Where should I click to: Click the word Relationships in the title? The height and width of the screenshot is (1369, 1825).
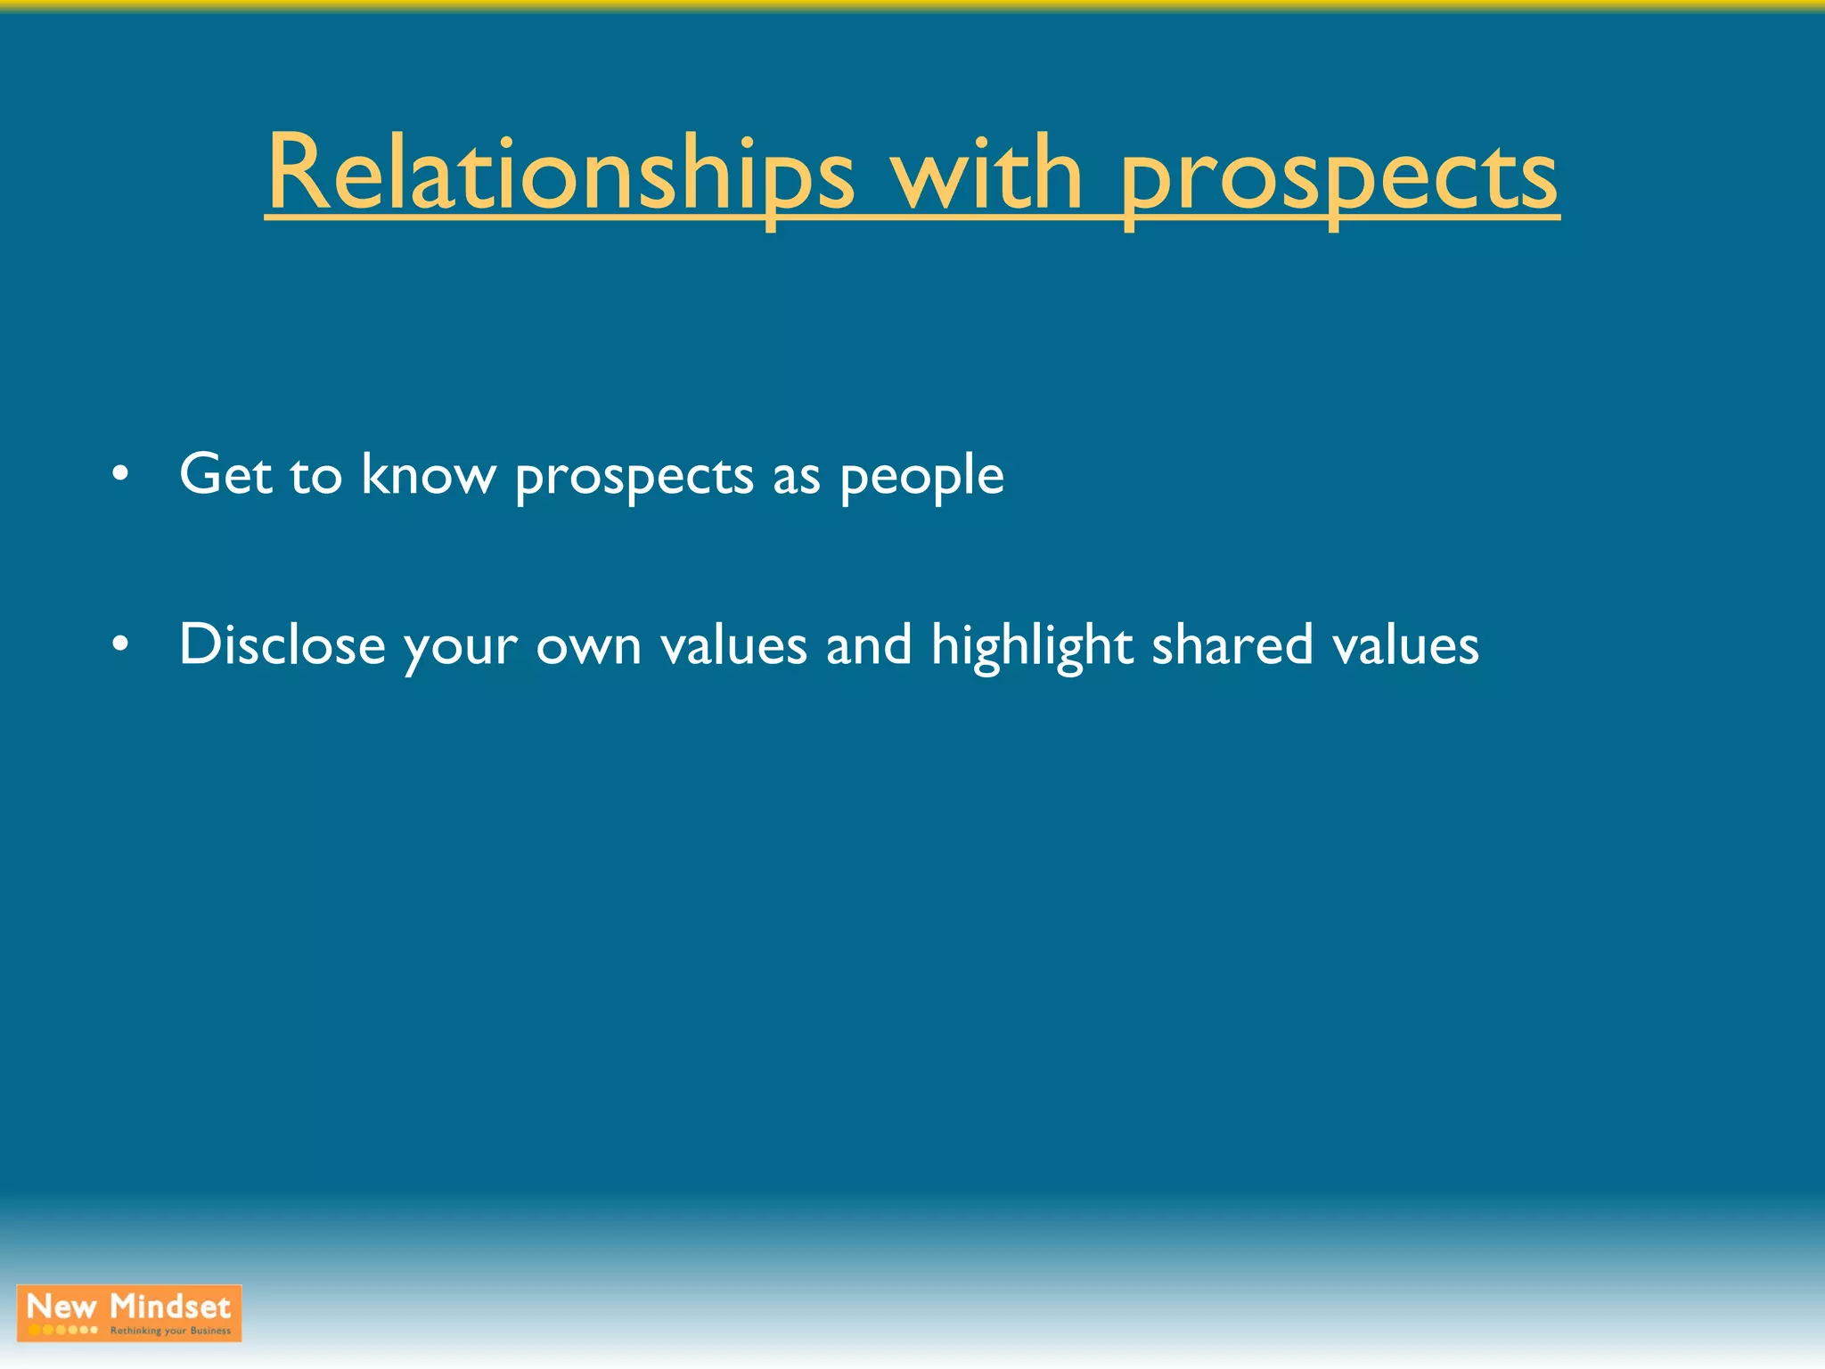560,174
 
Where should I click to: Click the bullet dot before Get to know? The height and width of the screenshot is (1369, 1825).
121,475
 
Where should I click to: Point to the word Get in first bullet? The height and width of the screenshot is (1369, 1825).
225,473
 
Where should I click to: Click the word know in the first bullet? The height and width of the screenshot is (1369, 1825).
428,473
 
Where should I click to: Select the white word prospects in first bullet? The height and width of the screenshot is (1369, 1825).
634,477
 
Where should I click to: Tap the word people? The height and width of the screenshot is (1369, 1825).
921,477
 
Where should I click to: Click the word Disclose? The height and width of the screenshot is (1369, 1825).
282,644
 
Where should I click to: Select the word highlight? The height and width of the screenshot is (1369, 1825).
1032,646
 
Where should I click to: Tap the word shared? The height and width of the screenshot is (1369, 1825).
1232,644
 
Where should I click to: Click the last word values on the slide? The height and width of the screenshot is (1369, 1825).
1405,644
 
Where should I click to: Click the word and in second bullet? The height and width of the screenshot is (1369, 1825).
869,644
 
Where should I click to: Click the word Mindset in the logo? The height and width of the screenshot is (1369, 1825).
170,1307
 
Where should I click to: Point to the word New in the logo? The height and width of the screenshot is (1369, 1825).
61,1307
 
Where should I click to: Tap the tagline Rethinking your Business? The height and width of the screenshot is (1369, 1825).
170,1331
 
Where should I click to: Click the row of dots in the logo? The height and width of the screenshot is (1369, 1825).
62,1330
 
